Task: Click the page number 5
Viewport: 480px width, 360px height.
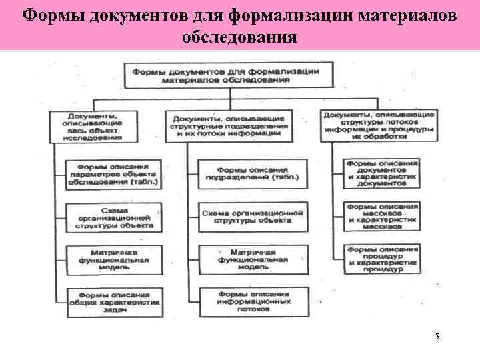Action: point(437,337)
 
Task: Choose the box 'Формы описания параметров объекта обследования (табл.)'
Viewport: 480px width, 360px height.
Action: point(113,174)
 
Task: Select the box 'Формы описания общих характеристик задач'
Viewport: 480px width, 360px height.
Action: point(113,300)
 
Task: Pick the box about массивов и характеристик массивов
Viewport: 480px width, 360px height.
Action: point(382,215)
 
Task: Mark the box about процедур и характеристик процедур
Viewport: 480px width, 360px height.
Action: point(382,259)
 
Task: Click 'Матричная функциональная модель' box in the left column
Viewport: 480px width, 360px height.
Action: point(113,259)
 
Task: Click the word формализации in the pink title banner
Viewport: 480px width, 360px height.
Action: point(283,14)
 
